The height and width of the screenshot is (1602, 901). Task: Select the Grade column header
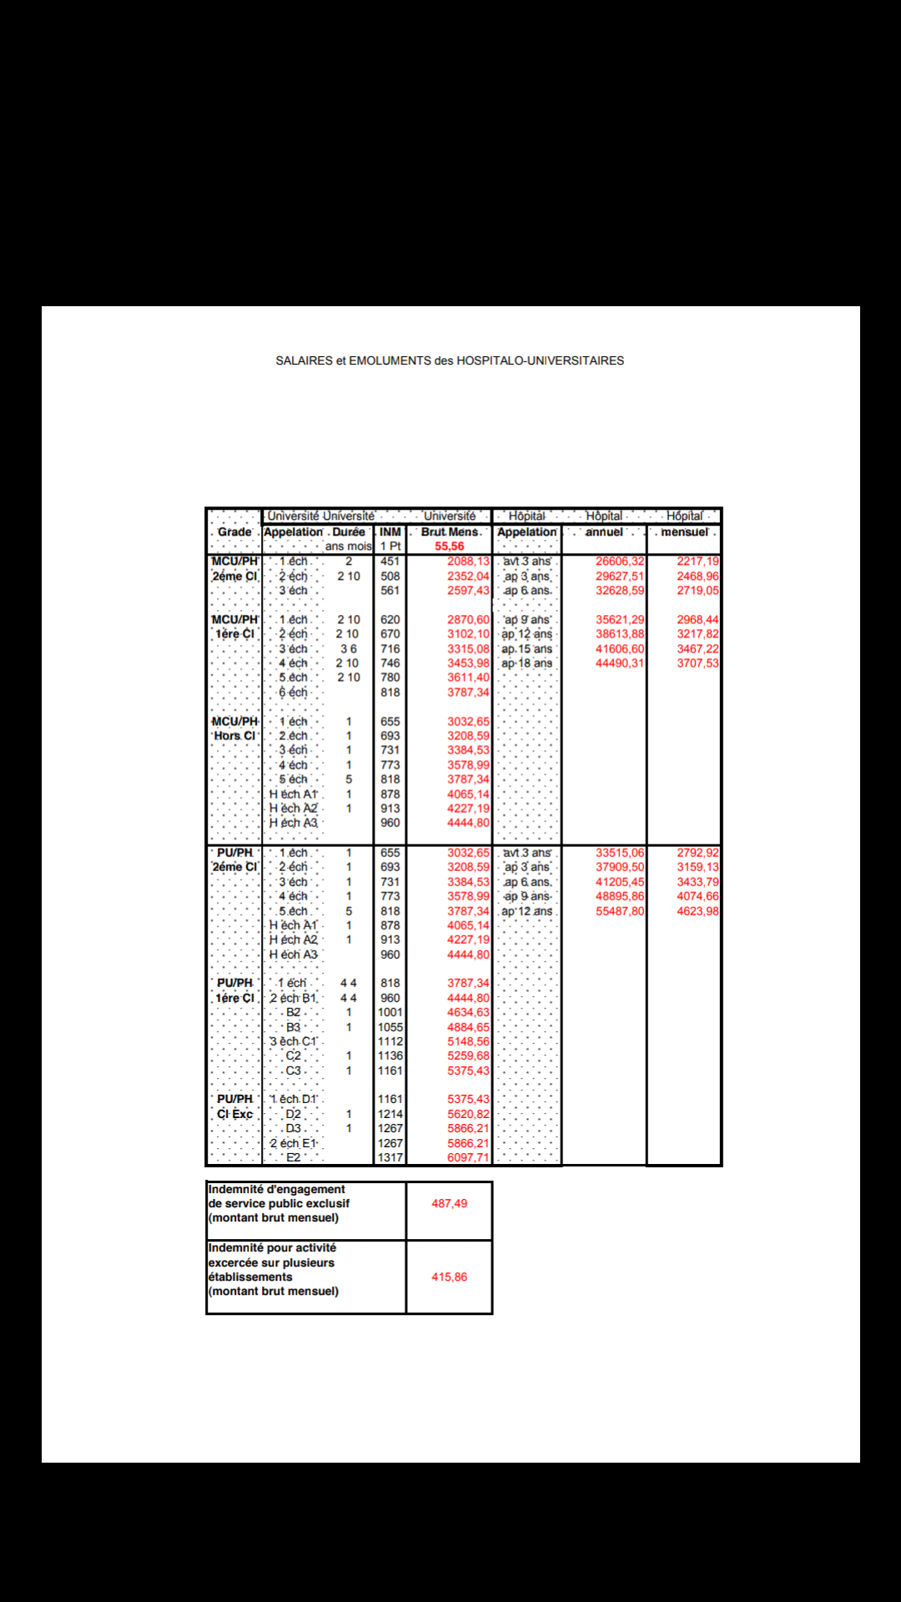coord(234,531)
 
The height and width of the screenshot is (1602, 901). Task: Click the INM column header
coord(390,531)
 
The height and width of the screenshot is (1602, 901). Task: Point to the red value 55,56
coord(449,547)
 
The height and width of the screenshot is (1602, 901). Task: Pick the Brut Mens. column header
coord(450,531)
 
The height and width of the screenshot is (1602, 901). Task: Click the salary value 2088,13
coord(468,562)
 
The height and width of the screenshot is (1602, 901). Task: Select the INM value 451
coord(390,562)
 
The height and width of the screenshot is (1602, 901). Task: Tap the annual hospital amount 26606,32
coord(620,562)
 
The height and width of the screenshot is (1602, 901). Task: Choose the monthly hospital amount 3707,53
coord(697,663)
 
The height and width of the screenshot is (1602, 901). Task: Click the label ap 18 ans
coord(526,663)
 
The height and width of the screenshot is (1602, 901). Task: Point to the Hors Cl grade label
coord(234,736)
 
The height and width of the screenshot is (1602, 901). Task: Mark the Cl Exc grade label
coord(234,1114)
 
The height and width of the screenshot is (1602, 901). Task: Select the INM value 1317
coord(390,1157)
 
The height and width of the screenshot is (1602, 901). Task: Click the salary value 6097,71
coord(468,1157)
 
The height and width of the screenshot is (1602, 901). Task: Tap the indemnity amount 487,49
coord(449,1203)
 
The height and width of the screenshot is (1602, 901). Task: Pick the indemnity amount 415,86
coord(449,1277)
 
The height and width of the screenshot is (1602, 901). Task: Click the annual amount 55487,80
coord(620,911)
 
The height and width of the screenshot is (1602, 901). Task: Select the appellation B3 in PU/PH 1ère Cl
coord(294,1027)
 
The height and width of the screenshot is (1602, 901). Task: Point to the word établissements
coord(250,1277)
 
